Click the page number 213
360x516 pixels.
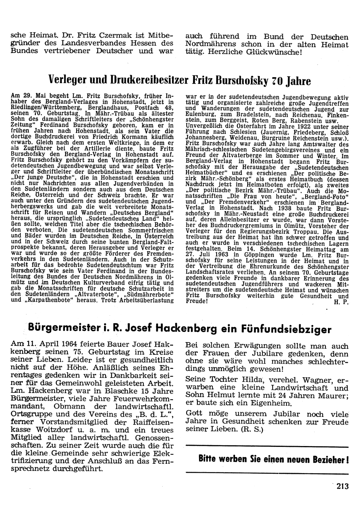click(343, 486)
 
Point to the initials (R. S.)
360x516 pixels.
click(252, 430)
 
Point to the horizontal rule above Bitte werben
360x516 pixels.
click(267, 447)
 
